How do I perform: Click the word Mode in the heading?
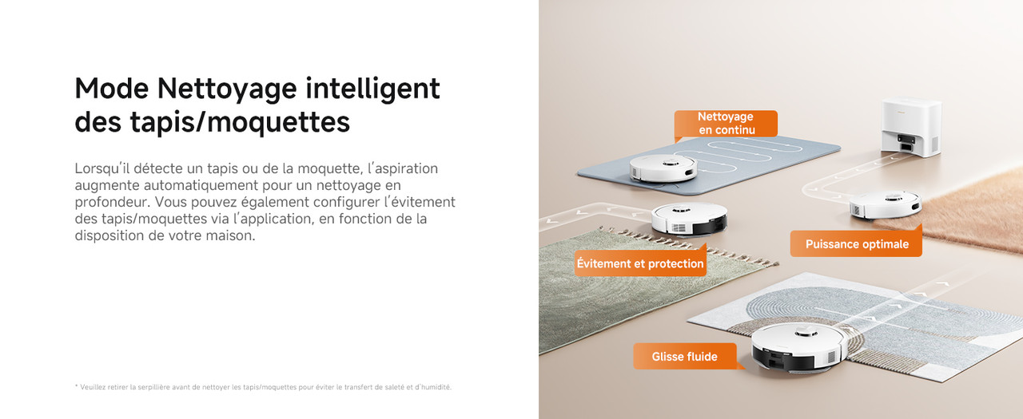coord(111,88)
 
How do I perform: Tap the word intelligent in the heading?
coord(372,89)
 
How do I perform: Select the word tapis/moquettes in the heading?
coord(240,123)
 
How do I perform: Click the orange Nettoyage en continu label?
coord(726,124)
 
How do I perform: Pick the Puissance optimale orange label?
coord(856,244)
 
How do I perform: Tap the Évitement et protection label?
coord(640,263)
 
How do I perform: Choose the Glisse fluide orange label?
coord(685,356)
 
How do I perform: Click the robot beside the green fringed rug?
coord(689,219)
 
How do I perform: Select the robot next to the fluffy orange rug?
coord(885,206)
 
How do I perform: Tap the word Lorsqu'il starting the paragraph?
coord(102,168)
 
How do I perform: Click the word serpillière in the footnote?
coord(154,387)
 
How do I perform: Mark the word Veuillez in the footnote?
coord(91,387)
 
